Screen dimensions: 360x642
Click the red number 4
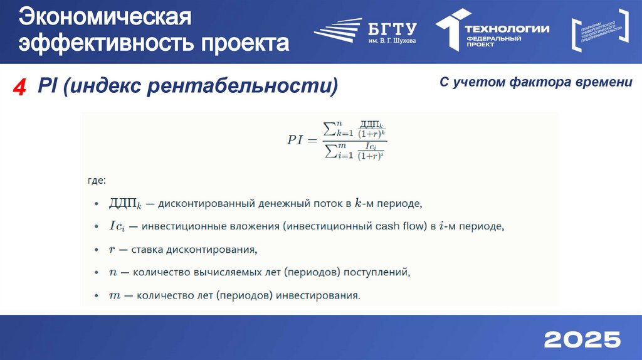(x=19, y=88)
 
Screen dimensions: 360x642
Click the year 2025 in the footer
(x=582, y=339)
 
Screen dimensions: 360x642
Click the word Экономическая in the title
(x=103, y=17)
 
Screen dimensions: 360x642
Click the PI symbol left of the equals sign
(x=295, y=140)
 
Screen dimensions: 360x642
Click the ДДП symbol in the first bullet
(x=124, y=203)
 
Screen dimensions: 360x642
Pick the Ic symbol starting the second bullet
(x=118, y=226)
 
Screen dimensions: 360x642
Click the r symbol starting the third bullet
(x=112, y=249)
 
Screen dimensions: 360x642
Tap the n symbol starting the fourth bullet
(x=112, y=272)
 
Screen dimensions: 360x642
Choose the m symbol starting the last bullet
(x=114, y=295)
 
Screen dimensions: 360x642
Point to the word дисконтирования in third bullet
(x=211, y=249)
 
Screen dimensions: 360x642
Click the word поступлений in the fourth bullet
(x=378, y=272)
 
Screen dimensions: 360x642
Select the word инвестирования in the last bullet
(x=318, y=295)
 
